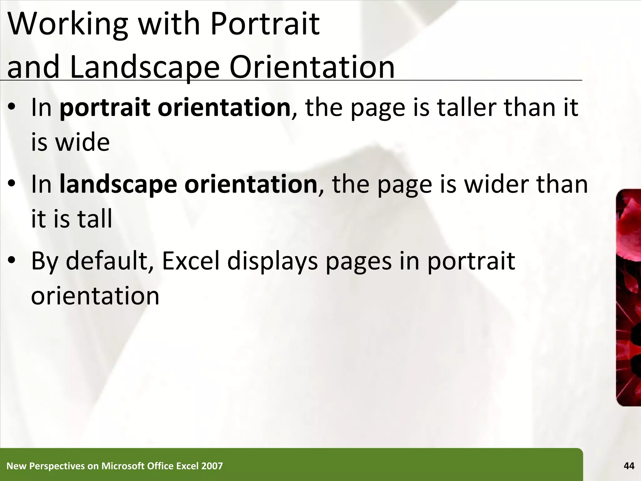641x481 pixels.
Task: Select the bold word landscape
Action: [118, 185]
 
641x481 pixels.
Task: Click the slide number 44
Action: [629, 466]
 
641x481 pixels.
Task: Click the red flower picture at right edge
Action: [628, 297]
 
